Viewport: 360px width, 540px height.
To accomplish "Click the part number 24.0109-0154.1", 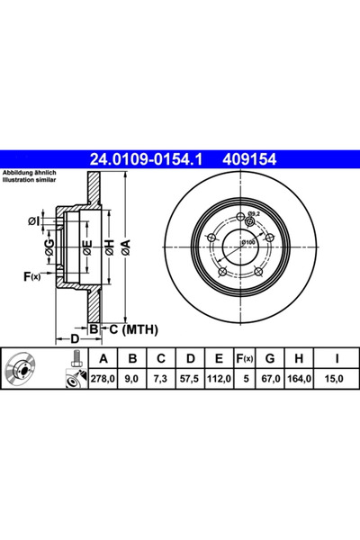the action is coord(146,159).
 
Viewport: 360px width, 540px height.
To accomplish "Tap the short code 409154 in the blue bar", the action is coord(249,159).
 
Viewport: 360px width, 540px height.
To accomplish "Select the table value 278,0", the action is coord(103,379).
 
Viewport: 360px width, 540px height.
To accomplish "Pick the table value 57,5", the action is coord(190,379).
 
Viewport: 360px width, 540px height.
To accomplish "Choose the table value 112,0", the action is coord(219,379).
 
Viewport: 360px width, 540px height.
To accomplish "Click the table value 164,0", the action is coord(299,379).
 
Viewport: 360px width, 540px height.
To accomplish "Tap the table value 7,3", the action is coord(160,379).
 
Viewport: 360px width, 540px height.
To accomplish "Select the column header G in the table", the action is coord(270,358).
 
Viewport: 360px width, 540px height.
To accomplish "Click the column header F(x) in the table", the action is coord(245,358).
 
